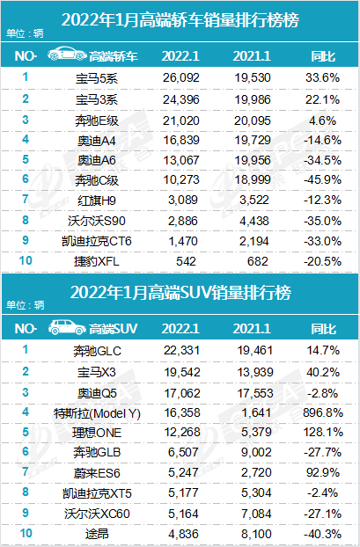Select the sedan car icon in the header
64,56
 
